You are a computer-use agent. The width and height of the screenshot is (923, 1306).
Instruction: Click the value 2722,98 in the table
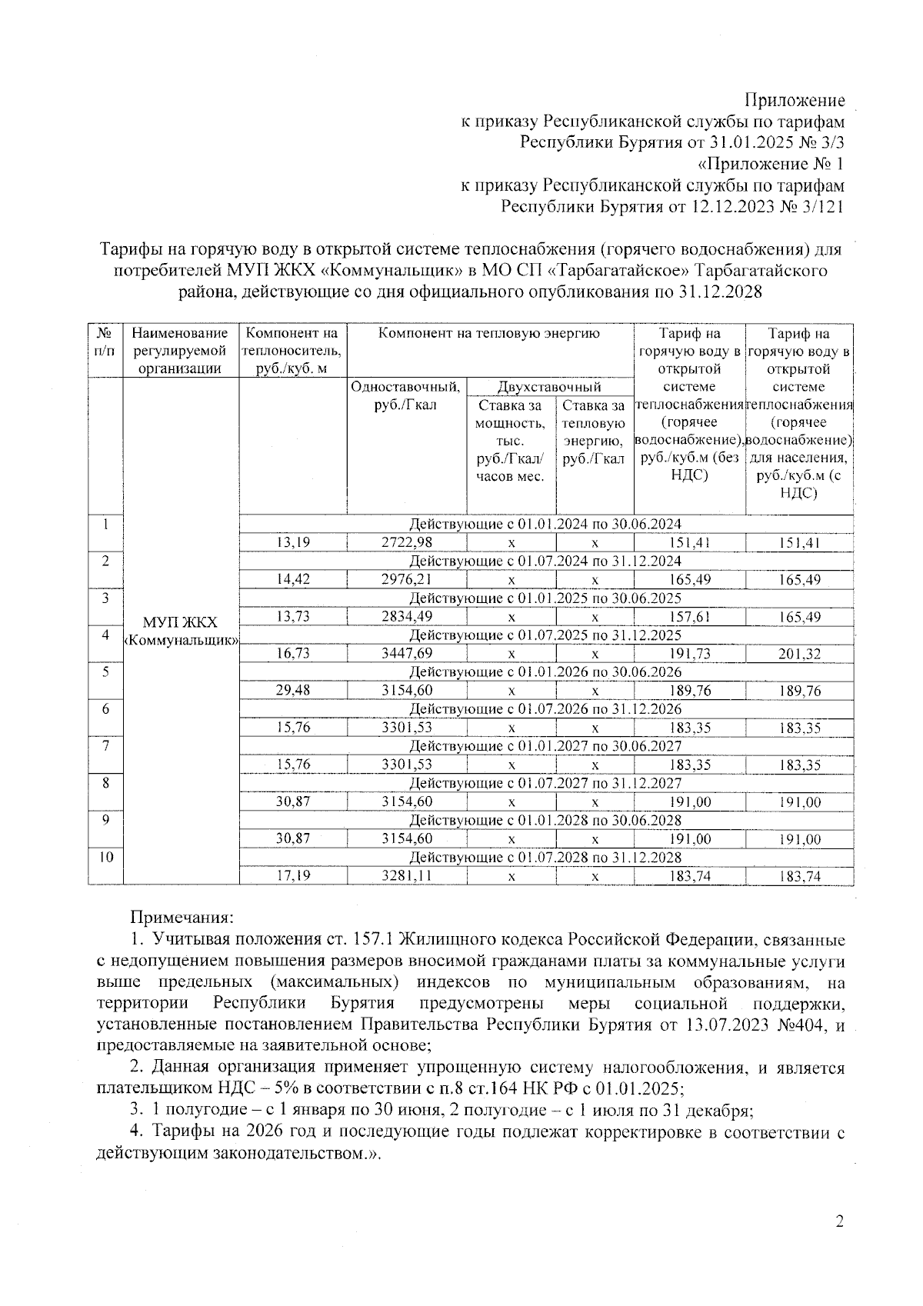point(407,543)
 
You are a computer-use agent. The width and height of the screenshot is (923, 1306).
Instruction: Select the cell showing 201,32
point(799,655)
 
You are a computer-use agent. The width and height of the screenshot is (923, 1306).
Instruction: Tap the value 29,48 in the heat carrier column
point(293,691)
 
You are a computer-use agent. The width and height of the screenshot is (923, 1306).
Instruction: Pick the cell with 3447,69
point(407,654)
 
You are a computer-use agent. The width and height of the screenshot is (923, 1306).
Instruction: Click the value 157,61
point(689,617)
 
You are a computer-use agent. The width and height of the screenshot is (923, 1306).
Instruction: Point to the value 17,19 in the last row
point(293,876)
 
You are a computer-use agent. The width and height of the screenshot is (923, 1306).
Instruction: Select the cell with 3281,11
point(407,876)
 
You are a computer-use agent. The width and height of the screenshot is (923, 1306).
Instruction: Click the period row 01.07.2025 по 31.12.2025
point(545,635)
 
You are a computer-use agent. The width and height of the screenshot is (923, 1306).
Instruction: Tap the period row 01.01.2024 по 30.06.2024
point(545,525)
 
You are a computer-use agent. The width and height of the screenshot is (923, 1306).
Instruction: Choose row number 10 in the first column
point(105,857)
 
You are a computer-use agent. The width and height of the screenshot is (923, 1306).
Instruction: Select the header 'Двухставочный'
point(549,386)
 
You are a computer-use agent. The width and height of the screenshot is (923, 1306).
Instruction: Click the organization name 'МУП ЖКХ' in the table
point(181,622)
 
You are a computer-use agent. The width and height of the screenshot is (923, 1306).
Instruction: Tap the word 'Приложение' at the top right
point(794,100)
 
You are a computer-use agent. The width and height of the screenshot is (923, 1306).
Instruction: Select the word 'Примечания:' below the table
point(182,917)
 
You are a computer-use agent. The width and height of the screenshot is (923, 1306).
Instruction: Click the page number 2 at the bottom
point(839,1221)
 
